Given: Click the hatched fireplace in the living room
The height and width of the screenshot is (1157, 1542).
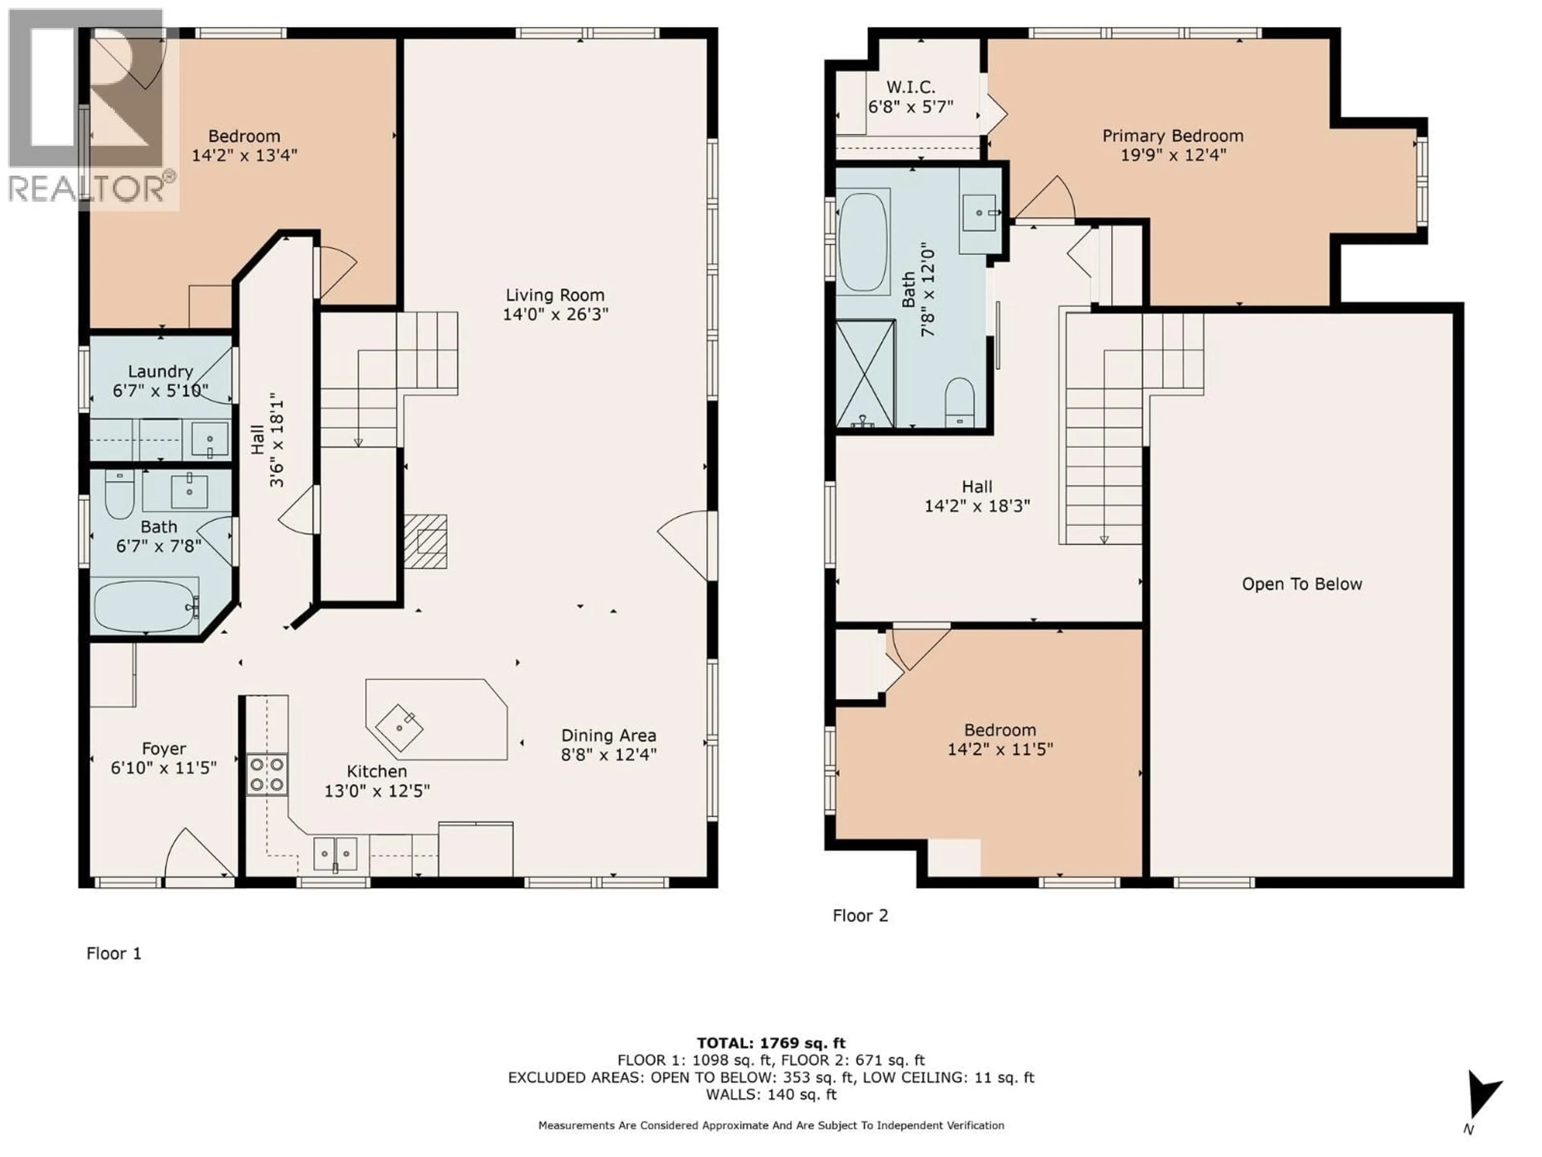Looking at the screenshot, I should [x=425, y=541].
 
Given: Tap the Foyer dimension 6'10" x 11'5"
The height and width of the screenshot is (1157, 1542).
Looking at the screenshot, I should [x=164, y=768].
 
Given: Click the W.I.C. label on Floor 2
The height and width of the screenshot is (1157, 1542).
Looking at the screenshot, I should [x=910, y=87].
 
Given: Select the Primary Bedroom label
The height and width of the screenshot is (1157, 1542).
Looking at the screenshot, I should [x=1173, y=136].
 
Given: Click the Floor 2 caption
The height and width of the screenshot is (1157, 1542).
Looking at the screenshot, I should [x=860, y=916].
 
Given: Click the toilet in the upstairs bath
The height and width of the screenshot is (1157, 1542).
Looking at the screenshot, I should [x=959, y=403].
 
